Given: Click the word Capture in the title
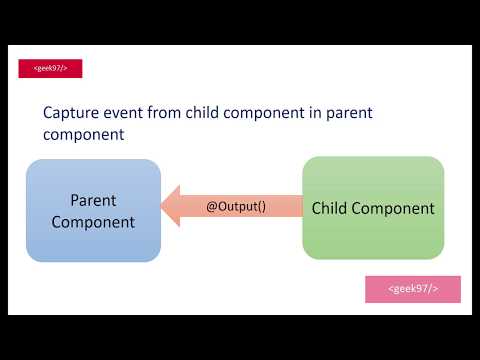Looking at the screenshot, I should (x=72, y=113).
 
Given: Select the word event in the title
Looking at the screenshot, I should (x=130, y=113).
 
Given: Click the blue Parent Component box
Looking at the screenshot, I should (x=93, y=210).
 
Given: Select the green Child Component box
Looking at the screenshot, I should (x=373, y=208).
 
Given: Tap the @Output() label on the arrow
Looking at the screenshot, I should (x=236, y=207).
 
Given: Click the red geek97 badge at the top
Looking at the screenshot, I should (x=50, y=69).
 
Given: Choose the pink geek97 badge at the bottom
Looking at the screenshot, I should (x=412, y=289).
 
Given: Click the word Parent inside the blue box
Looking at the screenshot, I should (x=93, y=199).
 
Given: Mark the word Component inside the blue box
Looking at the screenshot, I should (x=93, y=222).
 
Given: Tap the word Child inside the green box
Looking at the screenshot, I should (x=331, y=209).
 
